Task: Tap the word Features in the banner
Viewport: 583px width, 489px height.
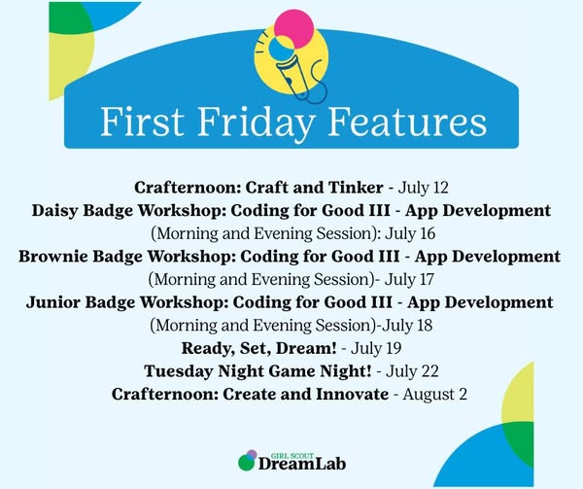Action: (407, 122)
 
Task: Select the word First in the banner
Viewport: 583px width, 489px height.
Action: (143, 122)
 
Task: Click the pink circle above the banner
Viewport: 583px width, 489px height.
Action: (294, 29)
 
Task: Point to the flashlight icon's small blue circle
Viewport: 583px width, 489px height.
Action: (282, 49)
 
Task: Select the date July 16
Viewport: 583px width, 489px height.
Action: (410, 234)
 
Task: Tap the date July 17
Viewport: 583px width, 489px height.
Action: (409, 280)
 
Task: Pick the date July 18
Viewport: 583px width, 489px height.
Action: (407, 326)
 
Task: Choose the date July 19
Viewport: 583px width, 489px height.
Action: (376, 348)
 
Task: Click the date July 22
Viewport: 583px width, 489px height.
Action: (412, 371)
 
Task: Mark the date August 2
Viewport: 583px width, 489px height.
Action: (434, 394)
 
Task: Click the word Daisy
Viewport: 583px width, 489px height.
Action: (54, 211)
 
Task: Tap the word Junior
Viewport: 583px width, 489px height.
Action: (52, 302)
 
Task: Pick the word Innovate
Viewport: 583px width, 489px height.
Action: (352, 394)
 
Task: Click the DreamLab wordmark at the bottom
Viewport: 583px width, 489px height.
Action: (302, 464)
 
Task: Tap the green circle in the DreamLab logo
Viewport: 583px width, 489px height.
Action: (246, 462)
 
